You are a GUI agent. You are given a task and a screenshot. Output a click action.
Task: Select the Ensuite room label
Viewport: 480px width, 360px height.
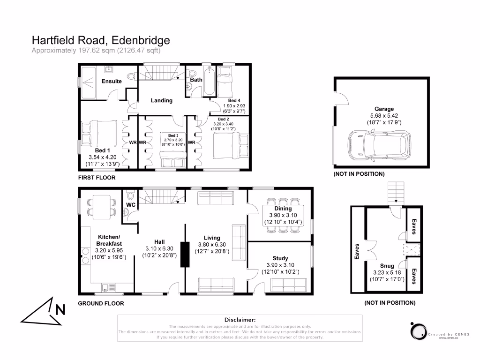point(112,82)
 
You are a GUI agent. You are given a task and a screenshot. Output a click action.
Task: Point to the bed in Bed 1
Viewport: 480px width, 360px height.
point(96,133)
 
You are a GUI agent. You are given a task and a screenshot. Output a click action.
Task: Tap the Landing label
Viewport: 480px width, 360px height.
point(161,100)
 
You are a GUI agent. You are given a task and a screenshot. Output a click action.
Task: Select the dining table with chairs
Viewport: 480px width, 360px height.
point(283,218)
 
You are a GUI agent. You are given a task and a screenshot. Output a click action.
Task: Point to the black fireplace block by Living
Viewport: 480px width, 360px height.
point(184,255)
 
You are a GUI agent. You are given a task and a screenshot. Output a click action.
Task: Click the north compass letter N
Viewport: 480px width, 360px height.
point(60,309)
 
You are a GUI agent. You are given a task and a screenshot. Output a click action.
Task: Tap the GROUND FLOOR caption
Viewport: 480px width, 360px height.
point(101,303)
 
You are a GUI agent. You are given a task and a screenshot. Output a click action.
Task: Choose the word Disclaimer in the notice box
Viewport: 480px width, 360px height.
point(240,319)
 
